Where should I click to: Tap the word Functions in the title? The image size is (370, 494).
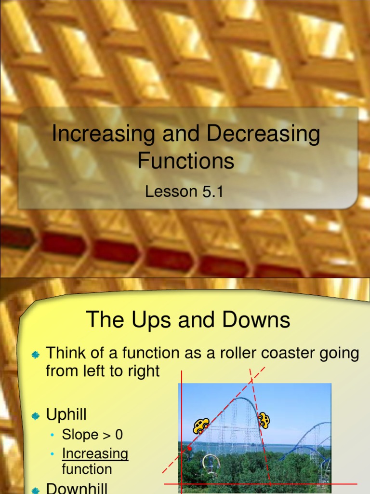186,161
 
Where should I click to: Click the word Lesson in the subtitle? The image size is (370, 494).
168,192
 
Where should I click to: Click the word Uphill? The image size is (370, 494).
66,414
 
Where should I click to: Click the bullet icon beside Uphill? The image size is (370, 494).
35,415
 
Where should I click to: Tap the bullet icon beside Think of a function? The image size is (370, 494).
35,355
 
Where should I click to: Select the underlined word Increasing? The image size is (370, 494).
95,454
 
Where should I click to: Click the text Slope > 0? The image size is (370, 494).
92,435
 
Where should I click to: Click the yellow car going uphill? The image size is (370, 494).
201,425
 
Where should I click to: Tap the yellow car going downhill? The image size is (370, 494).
264,420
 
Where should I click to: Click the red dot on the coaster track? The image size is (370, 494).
189,449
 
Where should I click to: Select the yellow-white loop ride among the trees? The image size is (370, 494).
211,462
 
